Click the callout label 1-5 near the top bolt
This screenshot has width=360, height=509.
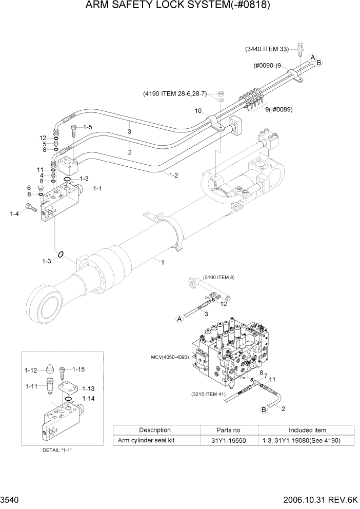[87, 127]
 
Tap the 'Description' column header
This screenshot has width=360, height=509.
[154, 430]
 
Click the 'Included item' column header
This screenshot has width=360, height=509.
[307, 430]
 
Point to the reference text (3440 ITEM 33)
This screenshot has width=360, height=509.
[267, 49]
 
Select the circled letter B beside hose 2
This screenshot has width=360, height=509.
[265, 409]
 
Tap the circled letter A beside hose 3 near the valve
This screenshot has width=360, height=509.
[180, 319]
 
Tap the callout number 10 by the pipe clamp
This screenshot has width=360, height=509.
[198, 111]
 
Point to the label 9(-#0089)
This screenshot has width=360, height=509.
[279, 109]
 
